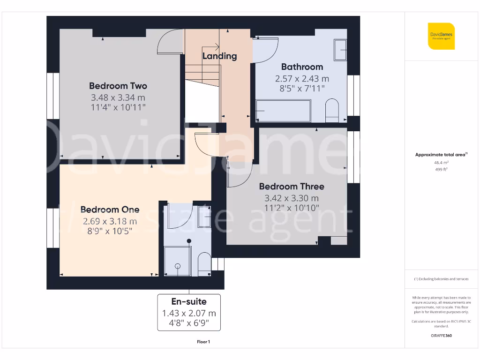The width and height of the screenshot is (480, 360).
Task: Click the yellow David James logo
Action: click(x=441, y=36)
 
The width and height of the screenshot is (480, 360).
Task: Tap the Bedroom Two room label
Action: click(x=118, y=86)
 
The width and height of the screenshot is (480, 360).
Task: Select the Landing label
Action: click(x=219, y=56)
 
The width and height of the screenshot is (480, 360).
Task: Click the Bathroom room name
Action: click(x=302, y=67)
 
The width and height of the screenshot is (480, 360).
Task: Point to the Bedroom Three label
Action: click(x=291, y=186)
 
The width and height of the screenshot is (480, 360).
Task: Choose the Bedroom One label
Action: click(x=110, y=210)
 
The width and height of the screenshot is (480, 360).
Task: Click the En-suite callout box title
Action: click(x=189, y=301)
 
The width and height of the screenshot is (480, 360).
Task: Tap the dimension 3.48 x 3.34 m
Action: click(x=118, y=97)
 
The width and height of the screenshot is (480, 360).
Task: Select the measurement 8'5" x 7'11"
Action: click(x=302, y=88)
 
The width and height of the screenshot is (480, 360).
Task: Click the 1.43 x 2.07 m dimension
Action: click(x=189, y=313)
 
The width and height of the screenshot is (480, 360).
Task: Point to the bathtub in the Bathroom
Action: click(x=283, y=111)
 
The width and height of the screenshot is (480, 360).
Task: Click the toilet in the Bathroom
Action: click(x=332, y=110)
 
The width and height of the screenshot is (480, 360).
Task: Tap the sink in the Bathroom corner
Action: click(x=340, y=50)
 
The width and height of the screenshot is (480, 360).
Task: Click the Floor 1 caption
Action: click(x=203, y=342)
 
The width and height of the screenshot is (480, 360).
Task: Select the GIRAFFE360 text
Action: click(x=441, y=336)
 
